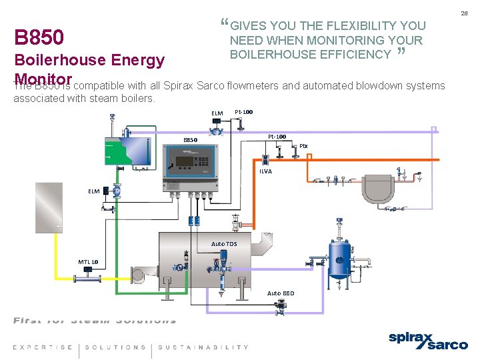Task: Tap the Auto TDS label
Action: pos(223,244)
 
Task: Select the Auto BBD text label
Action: pos(280,293)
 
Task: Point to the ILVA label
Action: pos(265,171)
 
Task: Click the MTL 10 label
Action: pos(88,262)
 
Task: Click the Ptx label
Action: pos(303,146)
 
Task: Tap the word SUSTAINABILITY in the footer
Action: pos(203,347)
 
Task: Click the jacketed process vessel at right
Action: pos(379,188)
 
